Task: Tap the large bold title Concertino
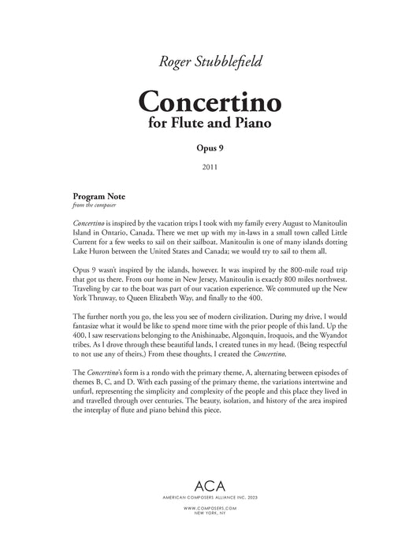[x=210, y=102]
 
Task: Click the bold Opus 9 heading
[x=210, y=147]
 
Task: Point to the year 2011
[x=210, y=166]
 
